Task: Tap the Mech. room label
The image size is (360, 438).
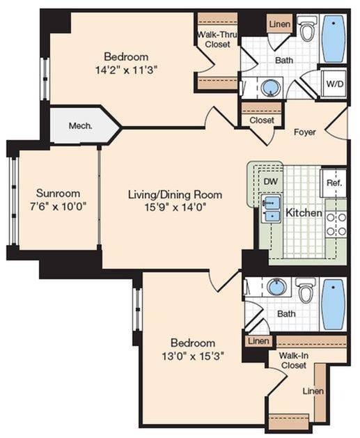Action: pos(81,127)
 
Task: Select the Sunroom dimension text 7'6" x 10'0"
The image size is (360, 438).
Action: pos(58,207)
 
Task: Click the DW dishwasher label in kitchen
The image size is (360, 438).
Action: pos(270,180)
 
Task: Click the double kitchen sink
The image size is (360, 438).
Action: pos(270,210)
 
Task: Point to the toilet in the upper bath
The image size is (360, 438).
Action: pos(307,31)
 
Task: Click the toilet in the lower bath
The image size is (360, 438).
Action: pos(306,290)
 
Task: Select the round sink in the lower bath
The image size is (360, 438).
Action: pos(278,287)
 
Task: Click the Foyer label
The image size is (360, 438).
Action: pos(306,132)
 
